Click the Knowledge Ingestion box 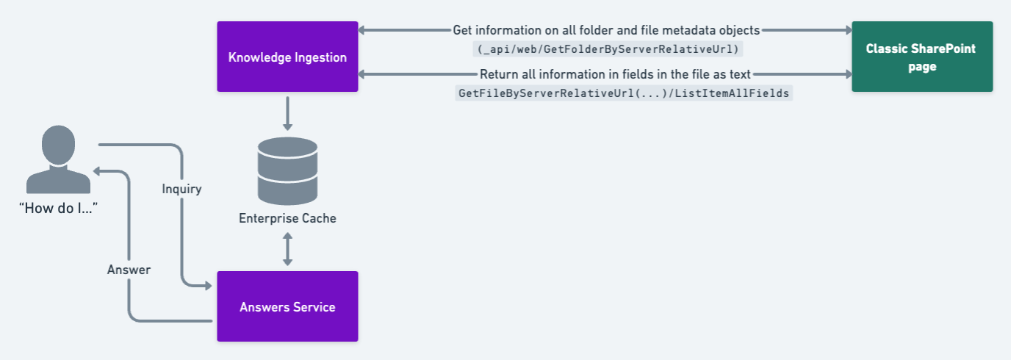coord(287,57)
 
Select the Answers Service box coord(287,306)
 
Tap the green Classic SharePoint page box coord(922,57)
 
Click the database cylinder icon coord(287,171)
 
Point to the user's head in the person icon coord(58,144)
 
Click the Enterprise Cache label coord(287,218)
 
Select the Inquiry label coord(182,189)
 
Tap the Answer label coord(129,270)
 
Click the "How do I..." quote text coord(58,208)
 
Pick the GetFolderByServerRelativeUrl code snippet coord(608,48)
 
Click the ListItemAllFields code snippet coord(624,93)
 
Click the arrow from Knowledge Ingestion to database coord(287,114)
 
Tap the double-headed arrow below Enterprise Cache coord(287,249)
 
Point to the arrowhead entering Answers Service coord(209,286)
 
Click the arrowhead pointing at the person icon coord(96,171)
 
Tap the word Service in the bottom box coord(315,307)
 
